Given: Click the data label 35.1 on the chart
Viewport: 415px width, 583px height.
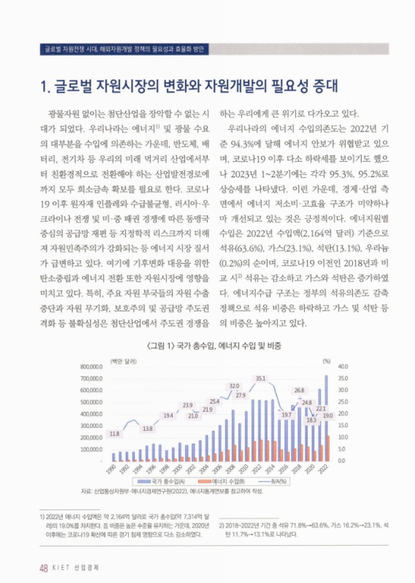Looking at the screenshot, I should coord(260,378).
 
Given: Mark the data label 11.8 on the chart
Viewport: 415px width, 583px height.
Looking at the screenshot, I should coord(114,434).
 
